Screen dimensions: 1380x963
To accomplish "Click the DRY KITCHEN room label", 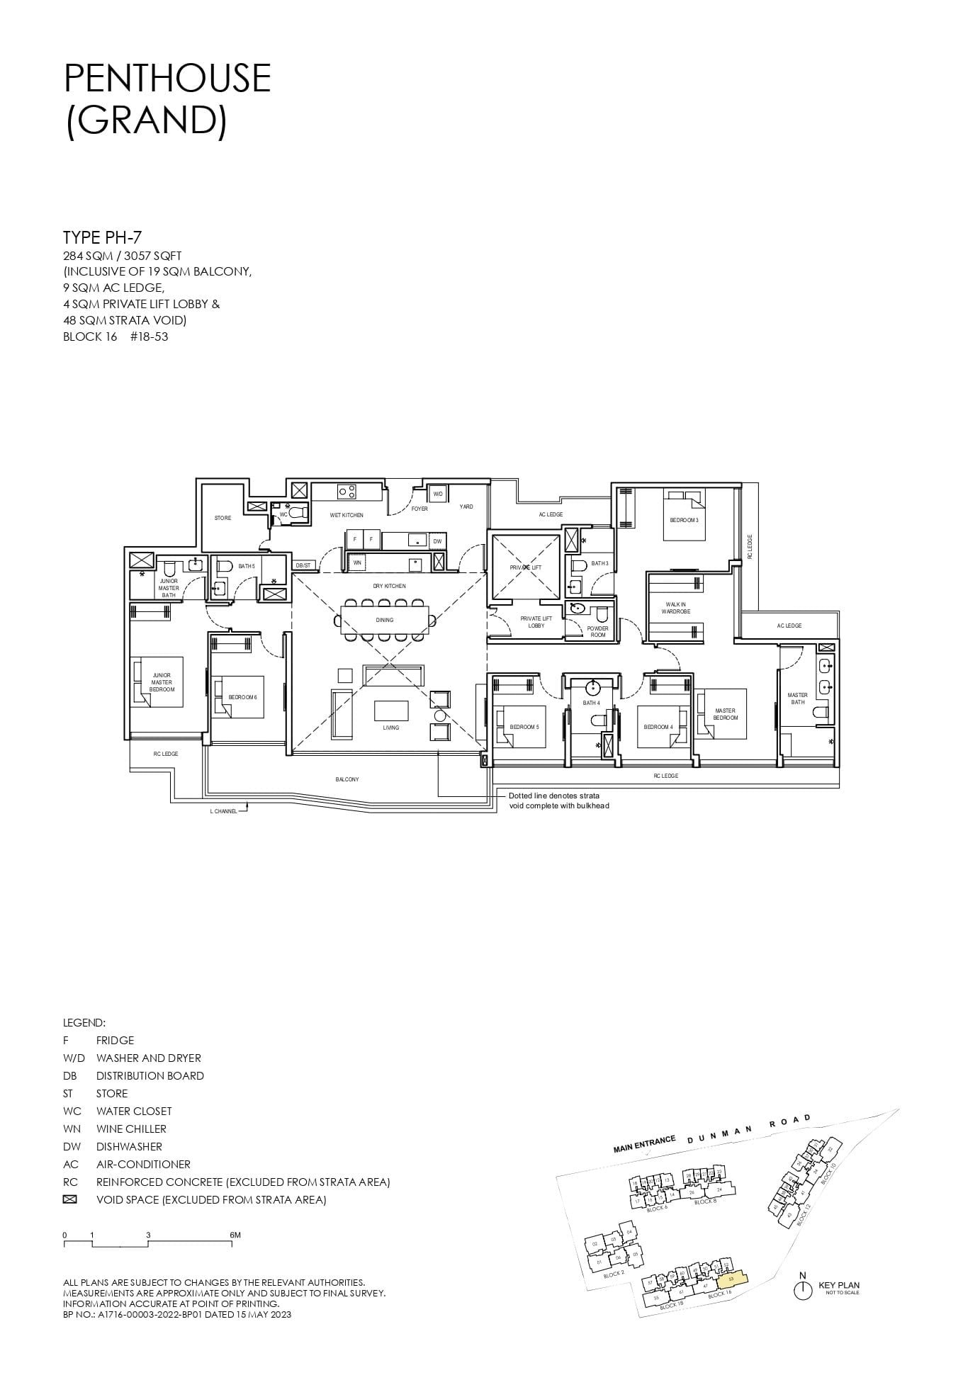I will pos(389,586).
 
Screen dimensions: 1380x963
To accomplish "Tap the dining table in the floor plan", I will pos(385,621).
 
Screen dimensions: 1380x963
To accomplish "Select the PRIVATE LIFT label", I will pos(525,567).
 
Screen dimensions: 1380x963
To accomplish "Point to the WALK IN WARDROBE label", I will pos(677,608).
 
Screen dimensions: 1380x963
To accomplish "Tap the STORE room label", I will pos(223,518).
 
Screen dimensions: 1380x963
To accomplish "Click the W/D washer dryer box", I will pos(437,494).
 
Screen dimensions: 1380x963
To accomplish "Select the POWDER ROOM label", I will pos(597,631).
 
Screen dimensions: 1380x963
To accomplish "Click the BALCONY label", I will pos(347,779).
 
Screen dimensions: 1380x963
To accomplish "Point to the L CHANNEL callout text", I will pos(223,811).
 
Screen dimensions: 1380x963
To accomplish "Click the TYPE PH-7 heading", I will pos(103,237).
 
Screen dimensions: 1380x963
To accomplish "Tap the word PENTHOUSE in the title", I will pos(167,78).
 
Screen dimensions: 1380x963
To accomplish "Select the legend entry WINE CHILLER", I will pos(131,1129).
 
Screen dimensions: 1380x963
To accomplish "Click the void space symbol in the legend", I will pos(69,1199).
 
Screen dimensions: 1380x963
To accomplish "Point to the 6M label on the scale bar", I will pos(235,1235).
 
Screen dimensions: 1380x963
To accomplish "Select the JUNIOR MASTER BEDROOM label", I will pos(162,682).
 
